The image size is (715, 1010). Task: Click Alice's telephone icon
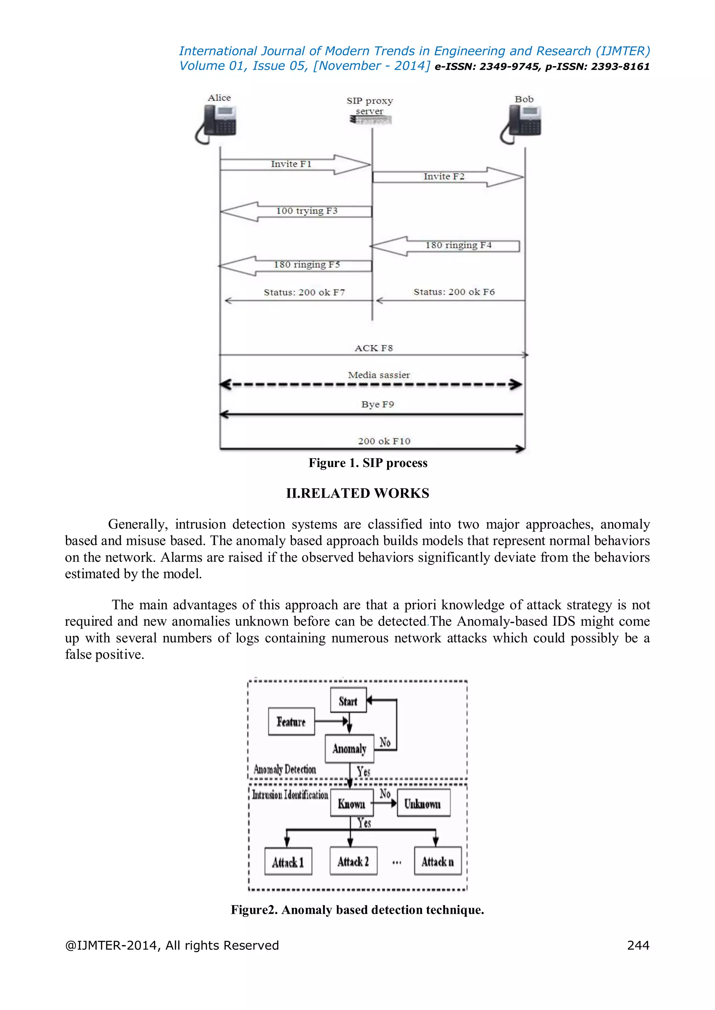[216, 125]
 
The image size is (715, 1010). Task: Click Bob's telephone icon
[521, 125]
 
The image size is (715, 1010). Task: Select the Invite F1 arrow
[295, 165]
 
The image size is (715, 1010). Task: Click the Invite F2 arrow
[447, 177]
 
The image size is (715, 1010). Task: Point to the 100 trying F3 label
[307, 211]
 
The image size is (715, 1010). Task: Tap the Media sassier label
[379, 375]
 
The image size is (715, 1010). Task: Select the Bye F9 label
[377, 404]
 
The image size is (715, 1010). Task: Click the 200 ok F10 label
[384, 441]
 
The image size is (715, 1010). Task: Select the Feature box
[292, 722]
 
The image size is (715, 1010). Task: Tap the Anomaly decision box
[349, 749]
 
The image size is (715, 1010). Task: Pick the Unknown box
[423, 803]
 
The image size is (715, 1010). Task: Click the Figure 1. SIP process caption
[368, 463]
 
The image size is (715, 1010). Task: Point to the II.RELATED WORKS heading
[357, 493]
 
